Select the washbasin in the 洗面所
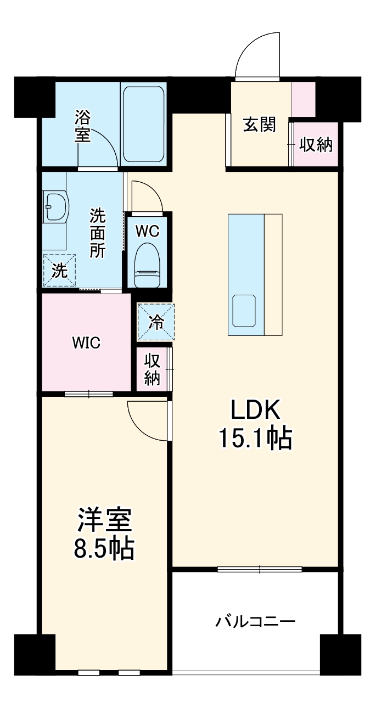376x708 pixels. pyautogui.click(x=55, y=206)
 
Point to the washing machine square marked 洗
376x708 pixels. pyautogui.click(x=59, y=271)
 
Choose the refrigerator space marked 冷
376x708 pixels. pyautogui.click(x=155, y=322)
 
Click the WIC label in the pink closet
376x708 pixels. pyautogui.click(x=86, y=344)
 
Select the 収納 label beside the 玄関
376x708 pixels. pyautogui.click(x=316, y=145)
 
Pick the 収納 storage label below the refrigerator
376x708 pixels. pyautogui.click(x=152, y=369)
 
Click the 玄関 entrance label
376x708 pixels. pyautogui.click(x=259, y=125)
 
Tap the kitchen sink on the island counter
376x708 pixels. pyautogui.click(x=245, y=311)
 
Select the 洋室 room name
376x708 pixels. pyautogui.click(x=104, y=520)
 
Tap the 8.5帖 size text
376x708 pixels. pyautogui.click(x=104, y=548)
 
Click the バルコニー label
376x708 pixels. pyautogui.click(x=255, y=622)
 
